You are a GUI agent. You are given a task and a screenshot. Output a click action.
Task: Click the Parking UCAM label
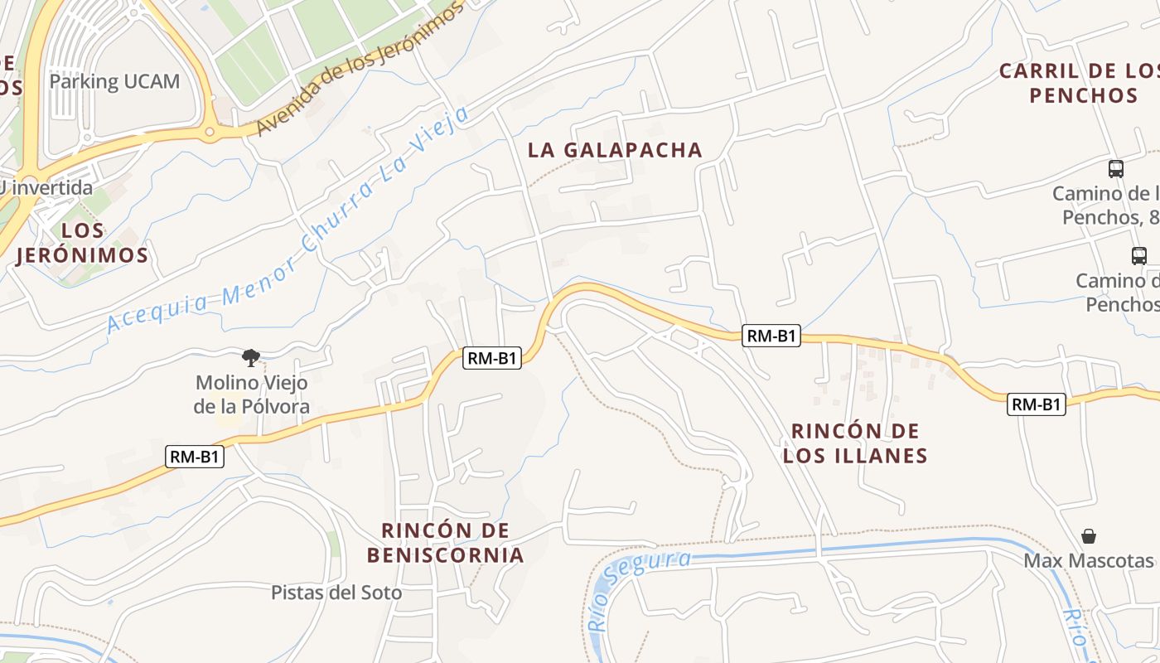pos(114,81)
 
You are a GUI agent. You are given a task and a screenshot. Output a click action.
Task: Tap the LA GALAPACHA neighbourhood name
pos(615,150)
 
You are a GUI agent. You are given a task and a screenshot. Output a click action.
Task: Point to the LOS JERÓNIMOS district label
pos(82,243)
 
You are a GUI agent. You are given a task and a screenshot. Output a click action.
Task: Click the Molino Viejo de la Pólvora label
pos(251,394)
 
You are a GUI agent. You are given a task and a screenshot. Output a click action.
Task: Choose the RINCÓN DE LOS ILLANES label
pos(855,443)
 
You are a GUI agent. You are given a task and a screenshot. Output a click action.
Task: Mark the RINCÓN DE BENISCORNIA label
pos(446,543)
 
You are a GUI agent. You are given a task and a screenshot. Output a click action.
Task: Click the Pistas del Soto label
pos(336,593)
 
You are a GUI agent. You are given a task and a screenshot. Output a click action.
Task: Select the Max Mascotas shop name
pos(1089,560)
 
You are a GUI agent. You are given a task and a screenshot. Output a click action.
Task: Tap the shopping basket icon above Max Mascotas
pos(1089,536)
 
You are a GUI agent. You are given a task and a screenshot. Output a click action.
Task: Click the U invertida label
pos(46,188)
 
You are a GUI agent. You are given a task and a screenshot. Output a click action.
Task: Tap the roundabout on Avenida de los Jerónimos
pos(210,130)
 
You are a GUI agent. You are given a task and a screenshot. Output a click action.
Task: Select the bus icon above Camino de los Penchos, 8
pos(1116,169)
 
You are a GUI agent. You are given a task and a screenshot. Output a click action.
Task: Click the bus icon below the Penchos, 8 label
pos(1139,256)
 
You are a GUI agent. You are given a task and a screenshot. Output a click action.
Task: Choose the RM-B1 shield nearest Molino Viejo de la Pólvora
pos(195,457)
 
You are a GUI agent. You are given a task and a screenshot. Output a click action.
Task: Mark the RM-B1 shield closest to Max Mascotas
pos(1037,404)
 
